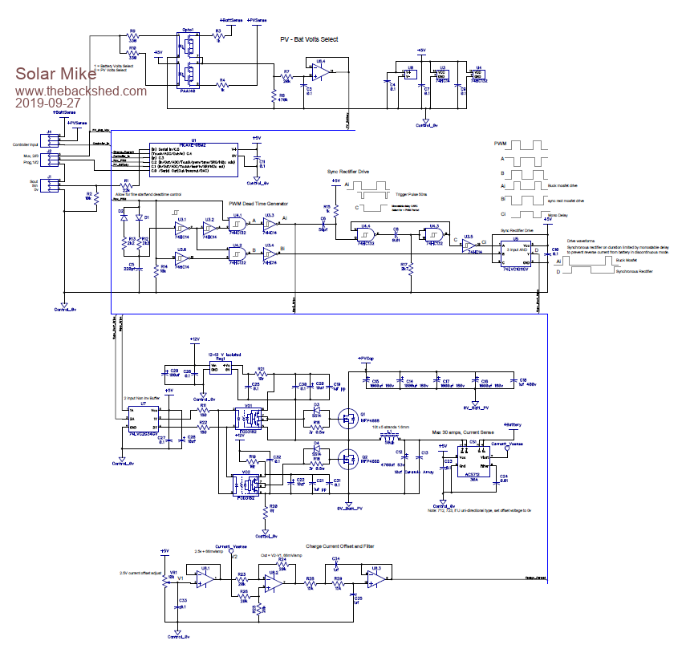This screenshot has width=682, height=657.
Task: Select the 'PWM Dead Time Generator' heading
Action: (x=258, y=204)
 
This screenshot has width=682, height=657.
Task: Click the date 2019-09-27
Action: (x=48, y=103)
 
